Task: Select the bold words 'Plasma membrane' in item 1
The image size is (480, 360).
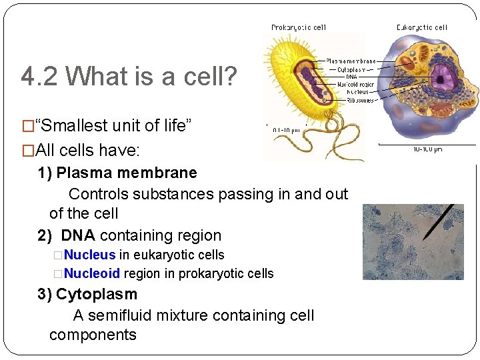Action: pos(127,173)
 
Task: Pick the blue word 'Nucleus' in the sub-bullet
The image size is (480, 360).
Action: pos(90,255)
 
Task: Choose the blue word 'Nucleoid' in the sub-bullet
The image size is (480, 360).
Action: pos(92,273)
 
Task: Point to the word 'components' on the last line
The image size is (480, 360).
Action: pos(93,335)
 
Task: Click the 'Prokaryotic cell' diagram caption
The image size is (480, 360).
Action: pos(298,27)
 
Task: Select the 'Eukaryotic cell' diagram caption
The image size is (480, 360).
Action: pos(421,27)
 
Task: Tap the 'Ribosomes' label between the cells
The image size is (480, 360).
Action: pos(360,100)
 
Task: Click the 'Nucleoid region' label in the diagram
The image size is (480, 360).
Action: pos(356,85)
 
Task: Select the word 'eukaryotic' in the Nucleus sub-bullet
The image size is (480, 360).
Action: pos(157,255)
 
